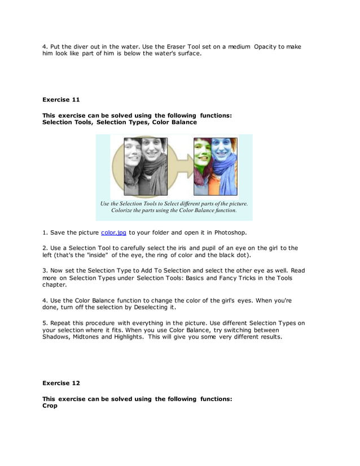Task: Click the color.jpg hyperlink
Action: point(113,232)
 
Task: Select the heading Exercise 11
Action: point(61,100)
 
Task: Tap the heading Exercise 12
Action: point(61,383)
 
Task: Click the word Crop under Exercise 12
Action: point(50,406)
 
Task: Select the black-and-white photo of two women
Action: point(146,166)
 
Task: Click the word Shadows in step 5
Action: point(58,337)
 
